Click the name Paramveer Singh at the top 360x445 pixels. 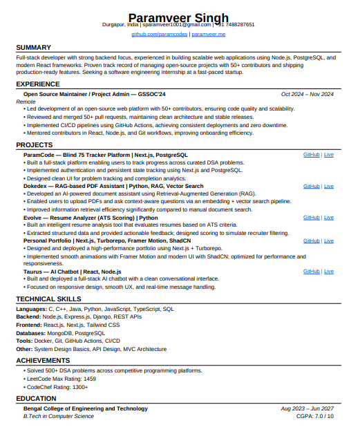pyautogui.click(x=179, y=17)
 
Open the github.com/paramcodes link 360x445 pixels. pyautogui.click(x=160, y=34)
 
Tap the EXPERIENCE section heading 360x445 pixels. pyautogui.click(x=38, y=84)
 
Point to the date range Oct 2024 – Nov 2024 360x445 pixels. pyautogui.click(x=307, y=94)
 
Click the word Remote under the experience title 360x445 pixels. pyautogui.click(x=26, y=102)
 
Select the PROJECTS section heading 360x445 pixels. pyautogui.click(x=35, y=144)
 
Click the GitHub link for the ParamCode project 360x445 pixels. pyautogui.click(x=312, y=155)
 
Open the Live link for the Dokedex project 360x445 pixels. pyautogui.click(x=329, y=186)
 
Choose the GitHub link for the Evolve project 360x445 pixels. pyautogui.click(x=312, y=217)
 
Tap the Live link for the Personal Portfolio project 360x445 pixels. pyautogui.click(x=329, y=240)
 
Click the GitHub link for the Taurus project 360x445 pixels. pyautogui.click(x=312, y=272)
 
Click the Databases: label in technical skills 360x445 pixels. pyautogui.click(x=32, y=333)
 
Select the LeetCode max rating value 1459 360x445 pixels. pyautogui.click(x=88, y=379)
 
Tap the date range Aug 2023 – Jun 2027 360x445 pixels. pyautogui.click(x=307, y=408)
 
